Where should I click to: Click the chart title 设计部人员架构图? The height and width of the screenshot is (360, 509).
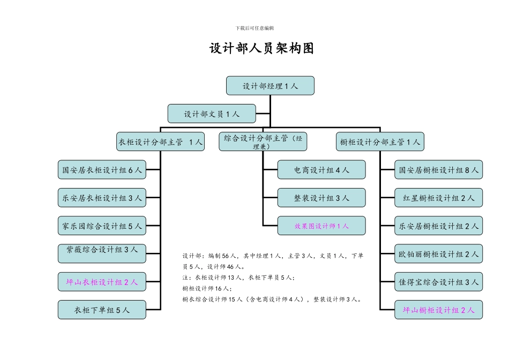[x=261, y=49]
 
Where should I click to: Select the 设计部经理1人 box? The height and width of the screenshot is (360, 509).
[x=270, y=86]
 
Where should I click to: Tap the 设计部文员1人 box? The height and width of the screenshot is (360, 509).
[x=212, y=114]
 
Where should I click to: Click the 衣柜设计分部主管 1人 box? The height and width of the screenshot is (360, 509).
[x=160, y=142]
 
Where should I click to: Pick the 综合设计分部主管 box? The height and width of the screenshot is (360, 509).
[x=263, y=141]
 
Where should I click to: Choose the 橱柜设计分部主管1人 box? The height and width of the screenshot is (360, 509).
[x=380, y=142]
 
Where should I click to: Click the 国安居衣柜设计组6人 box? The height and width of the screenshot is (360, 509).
[x=102, y=170]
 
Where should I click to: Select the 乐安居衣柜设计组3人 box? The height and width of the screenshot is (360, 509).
[x=102, y=198]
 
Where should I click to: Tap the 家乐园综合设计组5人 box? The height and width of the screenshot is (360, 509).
[x=102, y=226]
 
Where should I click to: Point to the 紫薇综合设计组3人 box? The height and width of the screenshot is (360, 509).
[x=102, y=253]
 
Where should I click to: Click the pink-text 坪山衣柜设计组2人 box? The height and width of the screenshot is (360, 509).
[x=102, y=281]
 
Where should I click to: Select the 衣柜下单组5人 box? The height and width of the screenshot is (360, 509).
[x=102, y=309]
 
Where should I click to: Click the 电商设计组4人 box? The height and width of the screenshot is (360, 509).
[x=321, y=170]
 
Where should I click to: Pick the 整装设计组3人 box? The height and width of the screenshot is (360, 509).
[x=321, y=198]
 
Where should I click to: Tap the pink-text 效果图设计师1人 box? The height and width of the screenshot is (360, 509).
[x=321, y=226]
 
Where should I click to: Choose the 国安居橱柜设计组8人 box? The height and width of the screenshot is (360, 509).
[x=438, y=170]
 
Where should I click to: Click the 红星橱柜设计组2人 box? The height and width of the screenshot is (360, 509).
[x=438, y=198]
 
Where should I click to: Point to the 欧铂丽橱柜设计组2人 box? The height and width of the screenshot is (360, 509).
[x=438, y=253]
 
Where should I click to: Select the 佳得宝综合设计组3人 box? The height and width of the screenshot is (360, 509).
[x=438, y=281]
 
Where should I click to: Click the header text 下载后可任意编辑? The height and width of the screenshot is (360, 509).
[x=254, y=28]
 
